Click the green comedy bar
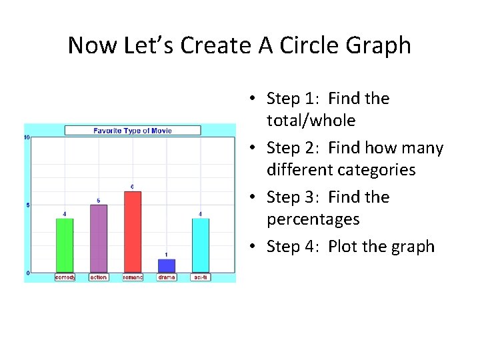65,245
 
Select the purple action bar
99,238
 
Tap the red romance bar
133,231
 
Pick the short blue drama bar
167,265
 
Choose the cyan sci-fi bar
201,245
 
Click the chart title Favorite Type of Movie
132,131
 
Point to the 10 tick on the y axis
27,137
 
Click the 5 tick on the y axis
27,205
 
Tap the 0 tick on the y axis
27,273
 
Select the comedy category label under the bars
65,277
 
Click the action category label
99,277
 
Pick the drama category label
167,277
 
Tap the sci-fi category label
201,277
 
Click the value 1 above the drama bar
167,255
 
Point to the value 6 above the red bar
132,186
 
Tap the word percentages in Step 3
313,219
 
